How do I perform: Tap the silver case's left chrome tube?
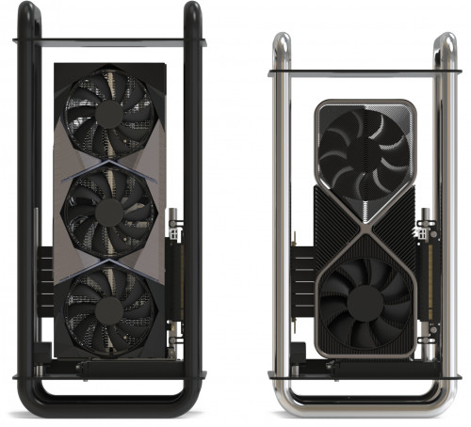tap(280, 207)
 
